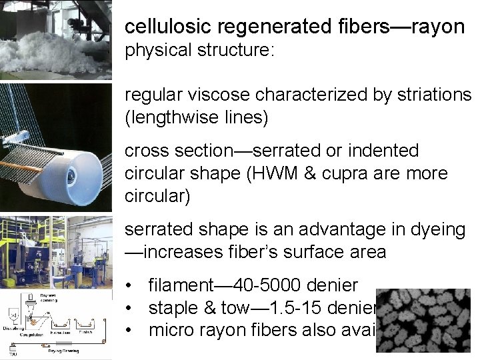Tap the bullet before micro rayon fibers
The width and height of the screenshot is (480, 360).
click(132, 330)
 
